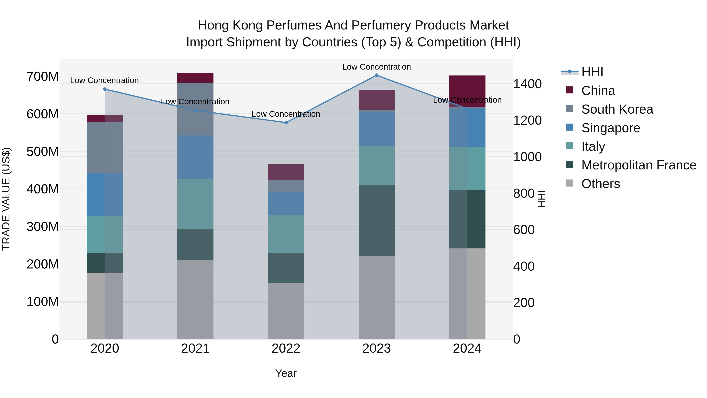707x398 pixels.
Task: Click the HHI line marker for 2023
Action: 376,75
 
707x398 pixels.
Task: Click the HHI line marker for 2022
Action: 286,122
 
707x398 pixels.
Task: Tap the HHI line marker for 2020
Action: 105,89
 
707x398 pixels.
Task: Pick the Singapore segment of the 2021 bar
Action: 195,157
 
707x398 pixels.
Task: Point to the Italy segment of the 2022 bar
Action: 286,234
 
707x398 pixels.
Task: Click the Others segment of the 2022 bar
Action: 286,310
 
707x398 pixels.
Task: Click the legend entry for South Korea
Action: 617,109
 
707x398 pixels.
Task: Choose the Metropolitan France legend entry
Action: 639,165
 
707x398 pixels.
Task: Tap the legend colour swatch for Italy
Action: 570,146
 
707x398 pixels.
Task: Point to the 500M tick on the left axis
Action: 43,152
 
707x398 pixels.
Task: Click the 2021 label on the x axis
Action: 195,348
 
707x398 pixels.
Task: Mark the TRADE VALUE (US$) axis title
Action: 6,199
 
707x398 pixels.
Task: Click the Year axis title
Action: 286,373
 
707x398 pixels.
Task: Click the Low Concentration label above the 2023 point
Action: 376,67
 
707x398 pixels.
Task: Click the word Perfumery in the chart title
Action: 381,25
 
